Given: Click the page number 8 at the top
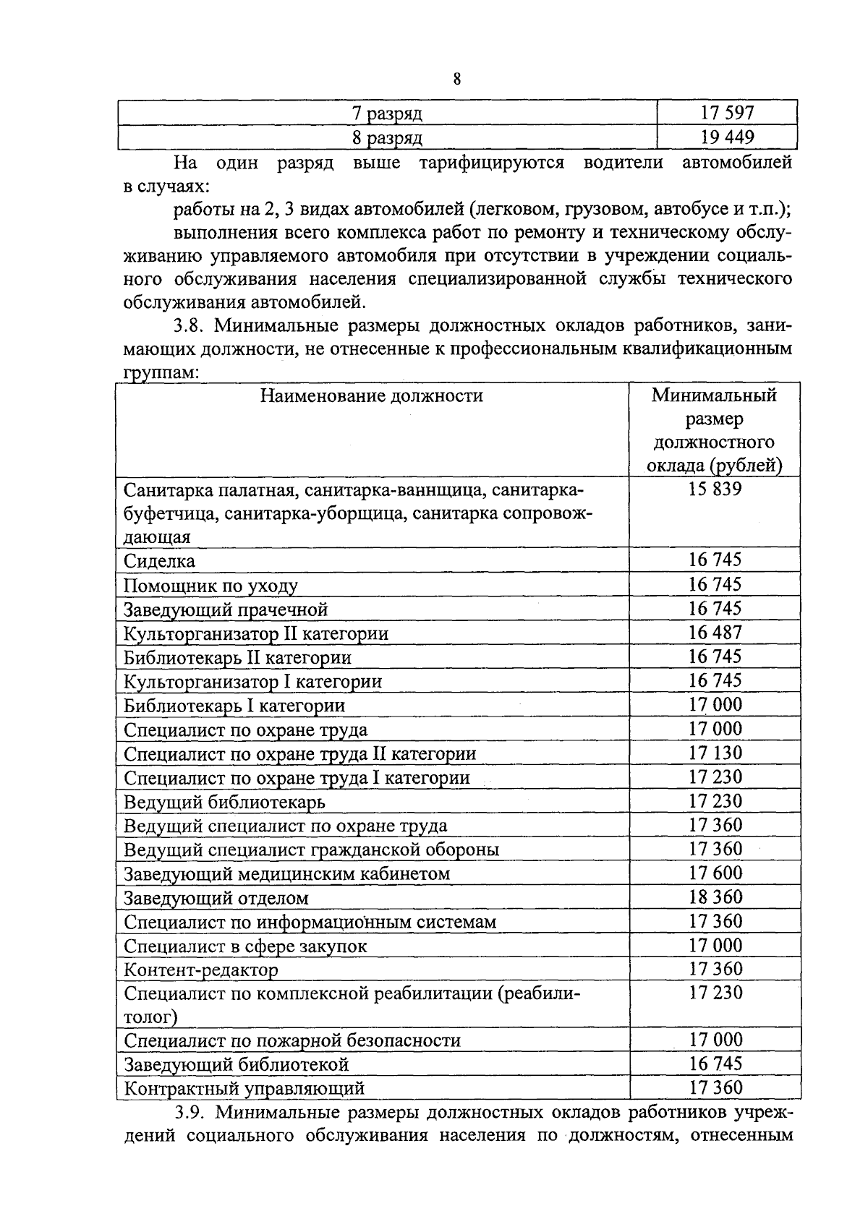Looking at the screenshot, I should [x=456, y=79].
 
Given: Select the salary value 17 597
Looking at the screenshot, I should [x=726, y=113].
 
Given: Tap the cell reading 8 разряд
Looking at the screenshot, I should [x=387, y=137].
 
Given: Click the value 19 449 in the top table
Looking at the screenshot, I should [x=726, y=137].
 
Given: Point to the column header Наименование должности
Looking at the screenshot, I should [x=372, y=395].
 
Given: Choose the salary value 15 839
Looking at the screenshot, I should [x=715, y=489].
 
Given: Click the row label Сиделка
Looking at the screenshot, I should [x=159, y=561].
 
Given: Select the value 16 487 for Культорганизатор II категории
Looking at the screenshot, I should [x=715, y=633].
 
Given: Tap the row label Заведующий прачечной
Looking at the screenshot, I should [x=226, y=609].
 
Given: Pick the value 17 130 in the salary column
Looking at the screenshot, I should [x=715, y=753].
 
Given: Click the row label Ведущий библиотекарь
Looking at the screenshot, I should [x=224, y=802].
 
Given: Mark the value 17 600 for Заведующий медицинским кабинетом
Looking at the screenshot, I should [x=715, y=873].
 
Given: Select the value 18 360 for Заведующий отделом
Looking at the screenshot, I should [x=715, y=897].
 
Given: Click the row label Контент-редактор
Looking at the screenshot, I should [x=201, y=970].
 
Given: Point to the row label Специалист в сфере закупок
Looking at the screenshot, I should [x=245, y=946].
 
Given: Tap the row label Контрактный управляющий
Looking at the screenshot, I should [x=244, y=1088].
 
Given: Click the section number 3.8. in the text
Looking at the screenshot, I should [x=189, y=326].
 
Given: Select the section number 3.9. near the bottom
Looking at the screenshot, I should [x=190, y=1111].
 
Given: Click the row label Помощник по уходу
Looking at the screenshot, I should [x=210, y=586].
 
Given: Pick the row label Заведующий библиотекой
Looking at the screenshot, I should [x=237, y=1064].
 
